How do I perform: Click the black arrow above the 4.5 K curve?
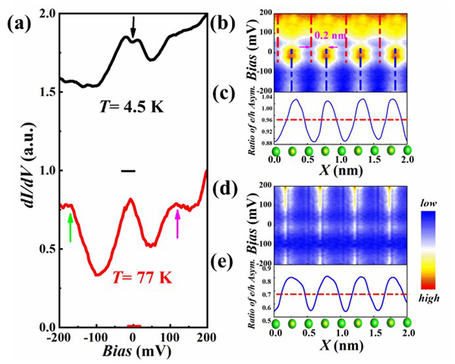[x=133, y=27]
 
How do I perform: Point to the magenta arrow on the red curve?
[x=178, y=221]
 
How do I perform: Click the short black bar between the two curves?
[x=129, y=171]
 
